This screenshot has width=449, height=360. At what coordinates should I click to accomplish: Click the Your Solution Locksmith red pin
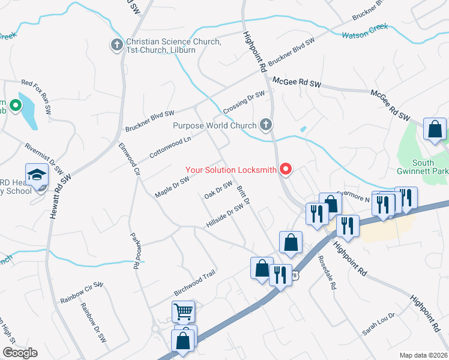coord(286,170)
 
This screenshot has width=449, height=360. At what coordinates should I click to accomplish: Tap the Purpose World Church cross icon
coord(265,125)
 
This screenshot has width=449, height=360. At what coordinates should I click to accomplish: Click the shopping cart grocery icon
coord(183,311)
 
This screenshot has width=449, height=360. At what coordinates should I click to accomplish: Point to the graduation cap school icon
coord(37,175)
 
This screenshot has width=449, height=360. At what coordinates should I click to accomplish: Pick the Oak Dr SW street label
coord(218,191)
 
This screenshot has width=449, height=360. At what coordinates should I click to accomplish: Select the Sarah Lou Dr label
coord(378,324)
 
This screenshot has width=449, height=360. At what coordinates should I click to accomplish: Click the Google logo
coord(19,353)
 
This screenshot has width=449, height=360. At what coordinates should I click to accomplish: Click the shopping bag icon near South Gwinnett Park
coord(434,129)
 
